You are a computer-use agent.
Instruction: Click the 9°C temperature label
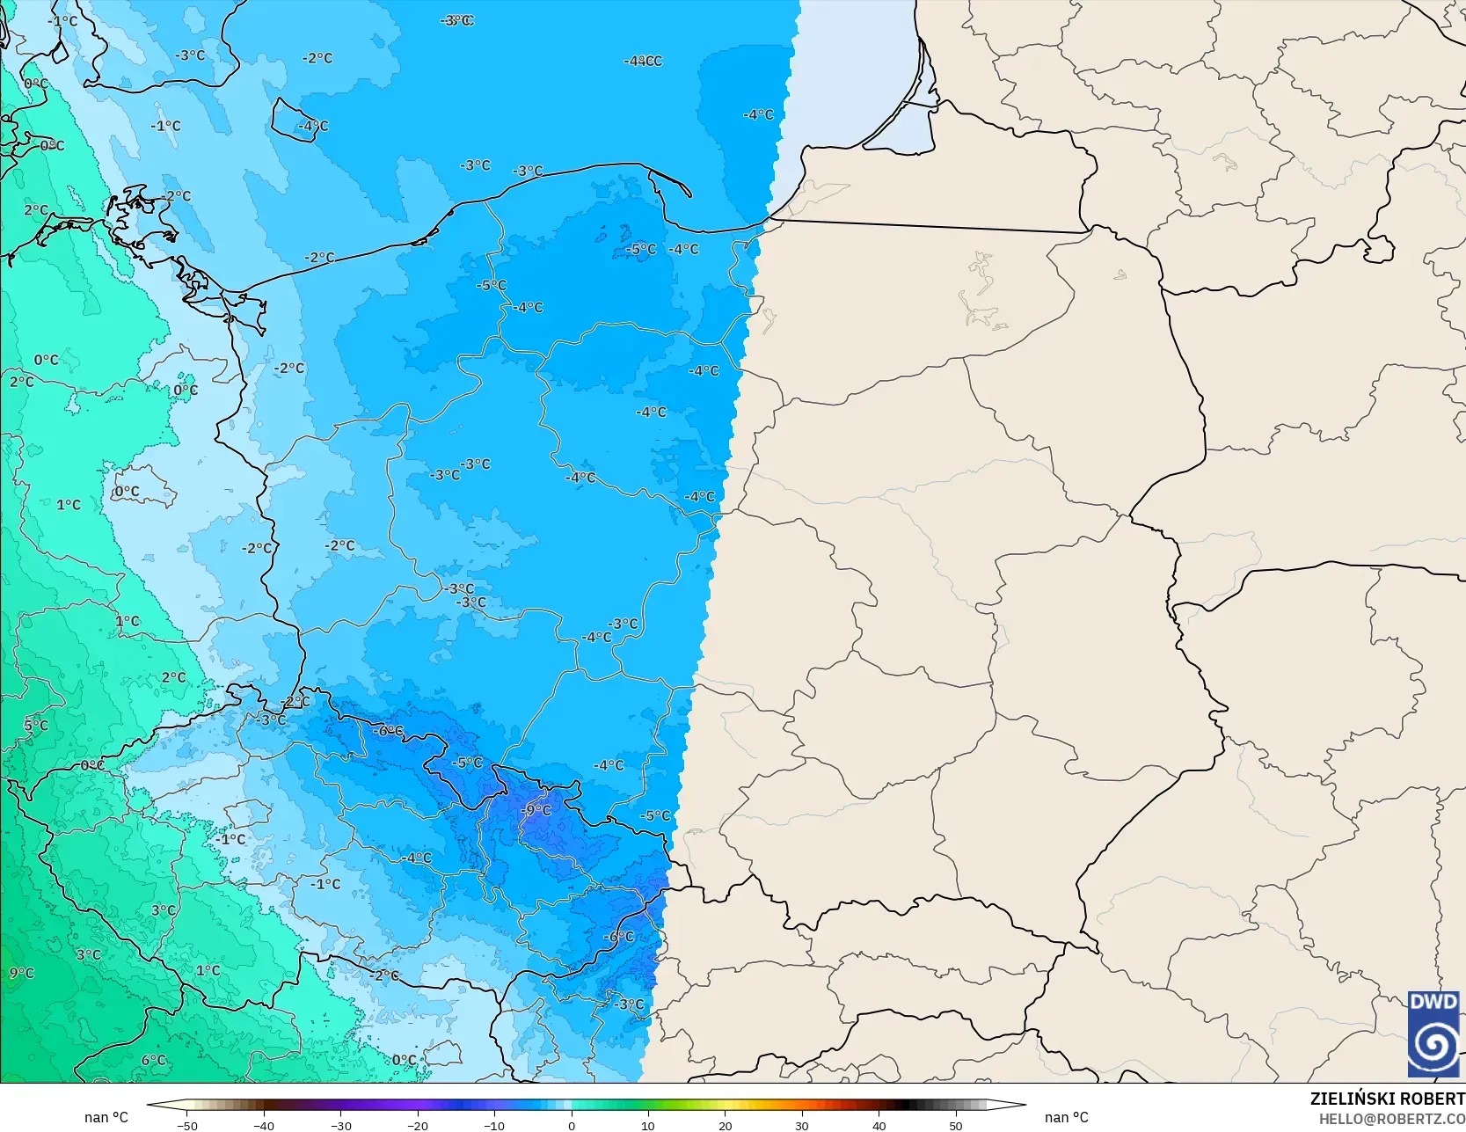(22, 973)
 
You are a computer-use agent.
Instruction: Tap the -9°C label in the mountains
(536, 810)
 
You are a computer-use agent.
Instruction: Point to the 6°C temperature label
(153, 1060)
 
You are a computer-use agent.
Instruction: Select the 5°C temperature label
(36, 726)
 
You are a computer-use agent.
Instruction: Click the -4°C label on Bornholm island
(313, 126)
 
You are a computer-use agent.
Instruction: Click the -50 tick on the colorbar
(186, 1125)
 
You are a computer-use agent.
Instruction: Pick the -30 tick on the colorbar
(340, 1125)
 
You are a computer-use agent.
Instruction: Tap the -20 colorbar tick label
(418, 1125)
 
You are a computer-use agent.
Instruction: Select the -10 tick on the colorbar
(494, 1125)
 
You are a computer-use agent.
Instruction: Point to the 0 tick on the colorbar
(572, 1125)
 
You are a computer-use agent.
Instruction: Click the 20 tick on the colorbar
(725, 1125)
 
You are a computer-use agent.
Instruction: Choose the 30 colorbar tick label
(802, 1125)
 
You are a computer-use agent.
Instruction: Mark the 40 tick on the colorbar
(879, 1125)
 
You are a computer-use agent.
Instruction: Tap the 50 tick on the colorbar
(956, 1125)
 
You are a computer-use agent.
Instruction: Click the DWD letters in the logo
(1433, 1002)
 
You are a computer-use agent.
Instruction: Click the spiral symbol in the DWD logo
(1433, 1045)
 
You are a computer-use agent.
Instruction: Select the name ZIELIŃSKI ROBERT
(1387, 1099)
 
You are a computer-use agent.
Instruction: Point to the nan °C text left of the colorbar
(106, 1117)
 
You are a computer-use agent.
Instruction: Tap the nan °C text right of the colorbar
(1067, 1117)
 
